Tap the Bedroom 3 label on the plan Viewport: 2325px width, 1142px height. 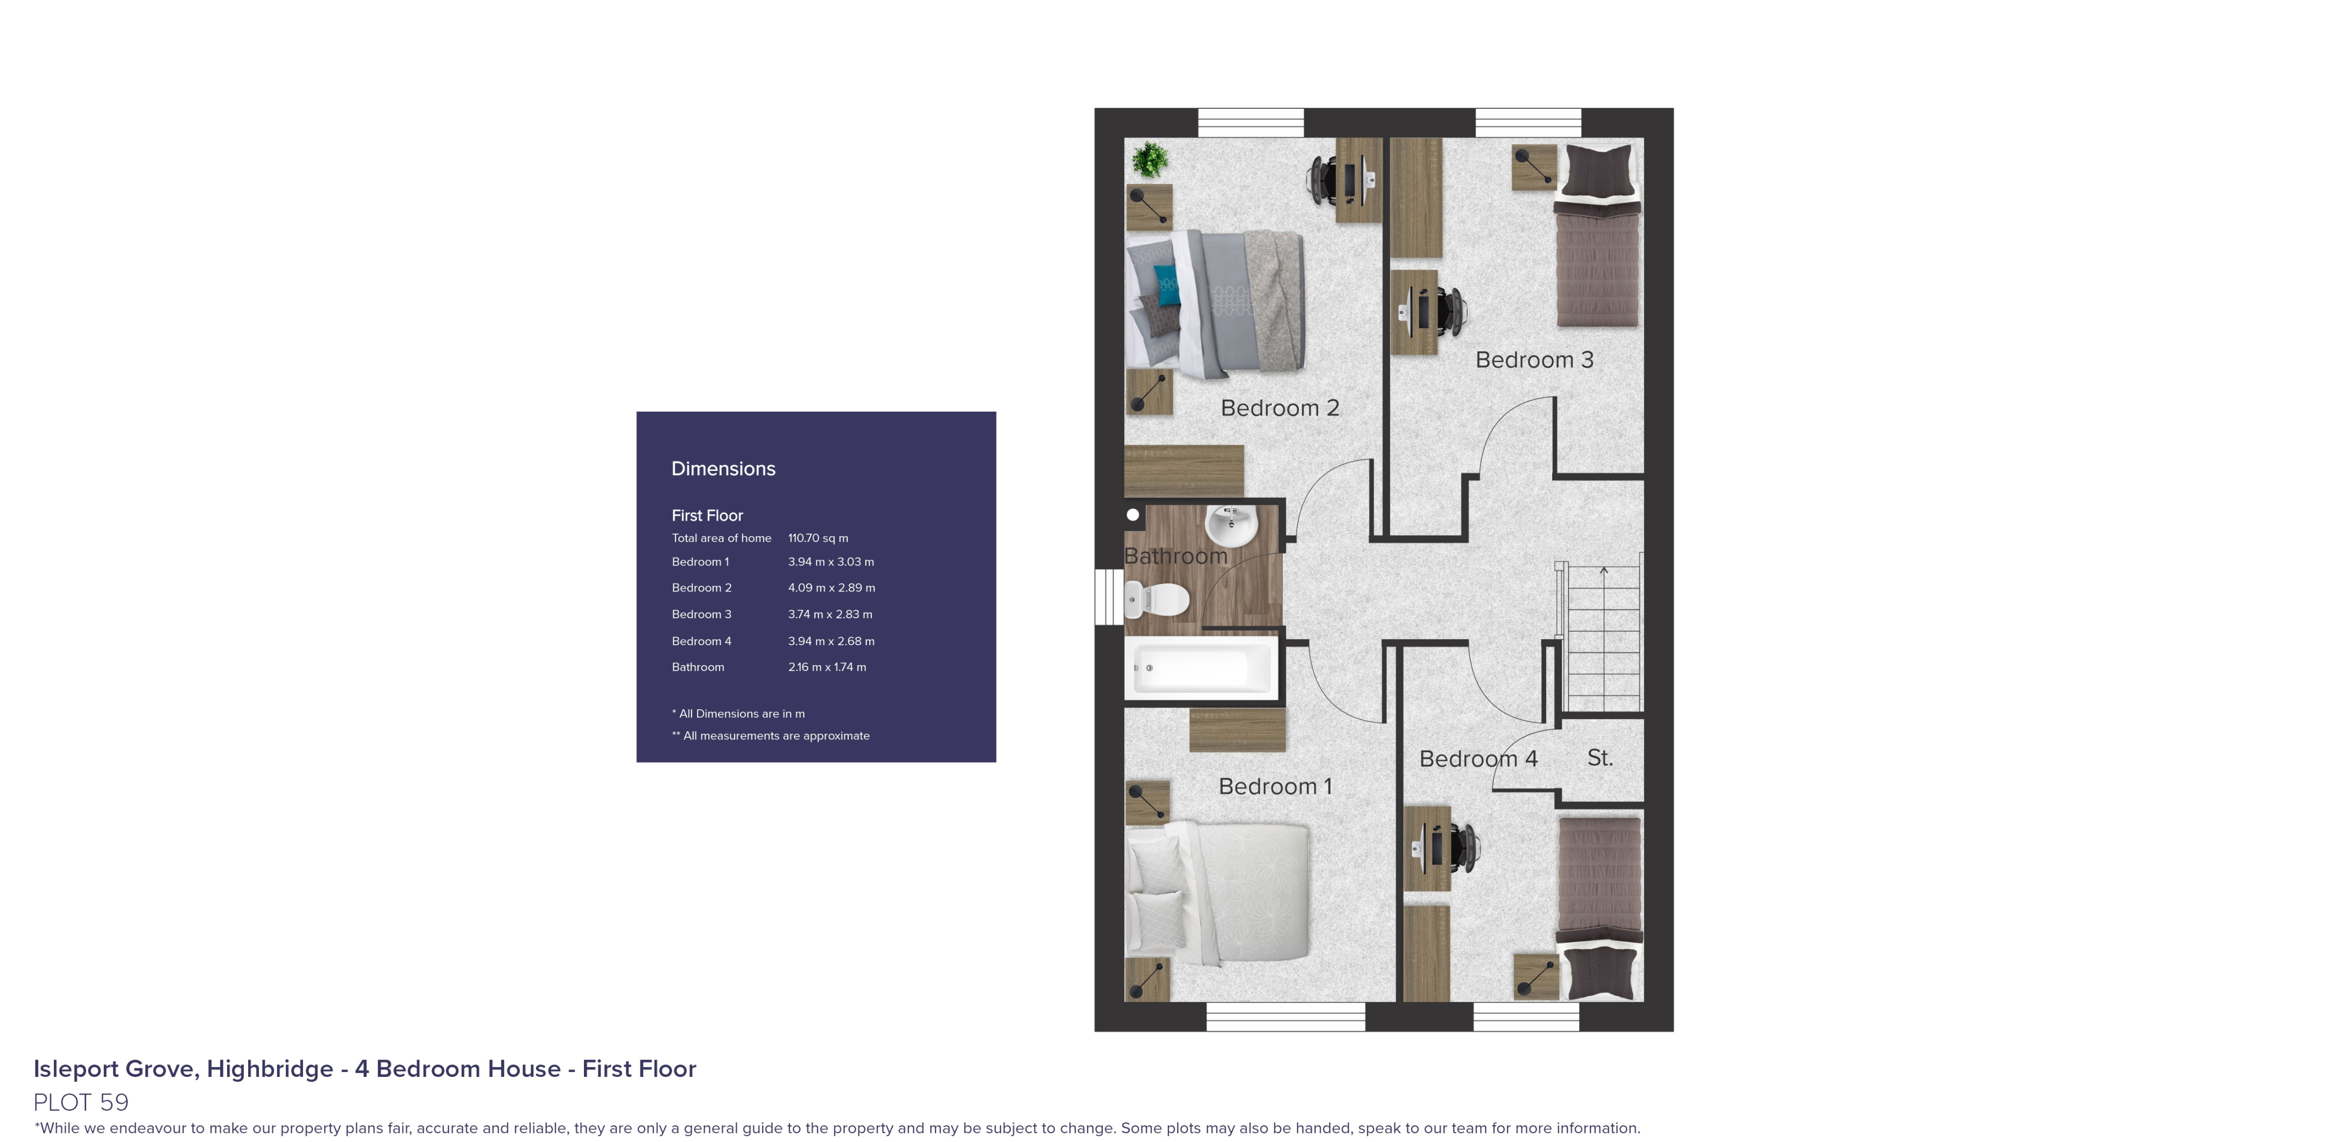tap(1534, 360)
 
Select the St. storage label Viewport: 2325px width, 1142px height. tap(1600, 758)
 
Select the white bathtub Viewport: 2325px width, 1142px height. tap(1200, 668)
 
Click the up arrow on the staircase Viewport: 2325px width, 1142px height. tap(1604, 570)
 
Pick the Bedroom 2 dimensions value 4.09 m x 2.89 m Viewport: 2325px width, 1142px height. tap(832, 588)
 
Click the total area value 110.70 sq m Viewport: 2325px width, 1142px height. tap(818, 538)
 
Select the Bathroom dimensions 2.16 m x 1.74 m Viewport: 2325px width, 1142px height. tap(827, 667)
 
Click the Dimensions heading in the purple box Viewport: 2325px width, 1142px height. tap(723, 469)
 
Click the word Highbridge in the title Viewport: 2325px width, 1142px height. tap(270, 1069)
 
